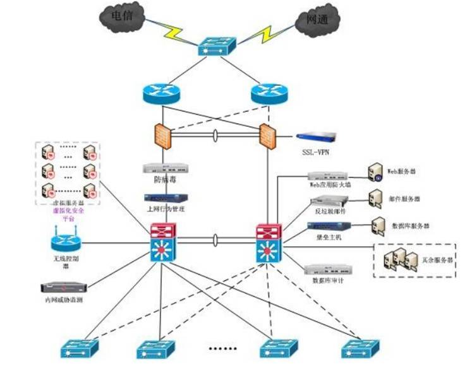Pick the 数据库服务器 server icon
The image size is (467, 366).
tap(379, 225)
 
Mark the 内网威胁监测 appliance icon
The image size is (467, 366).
tap(63, 288)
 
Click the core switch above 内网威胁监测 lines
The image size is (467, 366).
tap(162, 242)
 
